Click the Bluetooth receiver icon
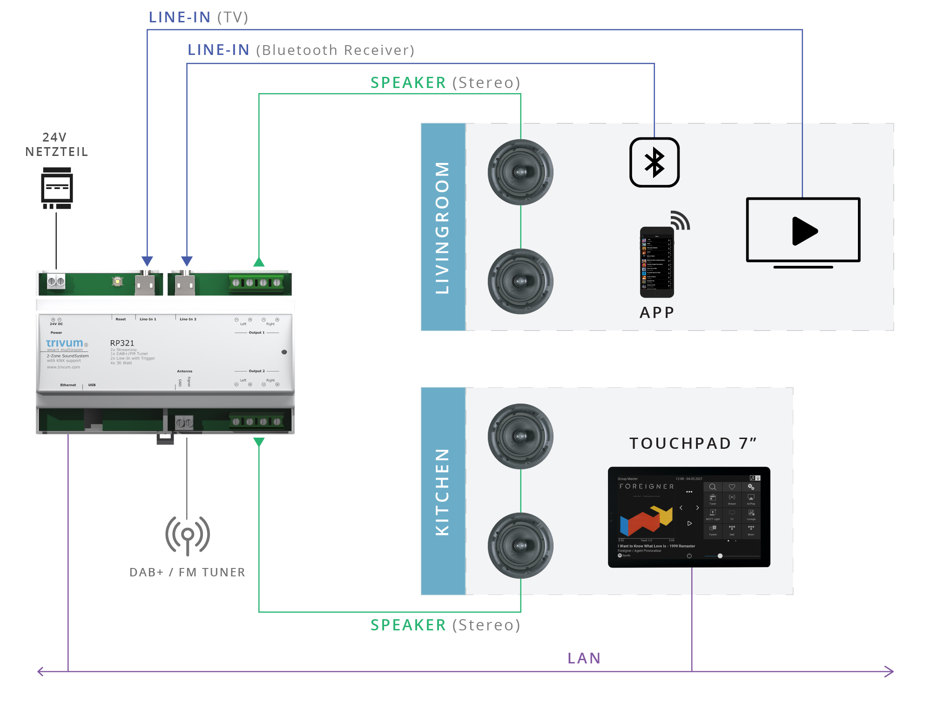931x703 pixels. [x=654, y=162]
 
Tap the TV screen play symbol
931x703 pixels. [x=804, y=231]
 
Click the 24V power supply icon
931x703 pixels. [x=57, y=188]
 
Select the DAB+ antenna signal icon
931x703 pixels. [x=188, y=535]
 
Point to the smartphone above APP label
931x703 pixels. [x=657, y=263]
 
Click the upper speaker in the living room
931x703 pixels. [x=520, y=172]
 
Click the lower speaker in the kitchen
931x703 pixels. [x=520, y=545]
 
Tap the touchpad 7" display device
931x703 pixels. [x=689, y=517]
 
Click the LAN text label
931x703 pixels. [x=584, y=658]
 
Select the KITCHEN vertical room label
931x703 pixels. [x=442, y=492]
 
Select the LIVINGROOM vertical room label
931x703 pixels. [x=442, y=227]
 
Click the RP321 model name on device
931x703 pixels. [x=122, y=343]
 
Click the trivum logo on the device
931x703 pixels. [x=65, y=343]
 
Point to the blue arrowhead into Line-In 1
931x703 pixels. [x=147, y=261]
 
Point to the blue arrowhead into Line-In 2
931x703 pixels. [x=187, y=261]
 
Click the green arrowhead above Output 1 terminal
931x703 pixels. [x=259, y=262]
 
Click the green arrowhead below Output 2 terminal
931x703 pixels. [x=259, y=442]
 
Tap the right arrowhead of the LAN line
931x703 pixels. [x=889, y=671]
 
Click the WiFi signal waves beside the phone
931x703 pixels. [x=680, y=220]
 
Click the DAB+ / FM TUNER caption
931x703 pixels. [x=187, y=572]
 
